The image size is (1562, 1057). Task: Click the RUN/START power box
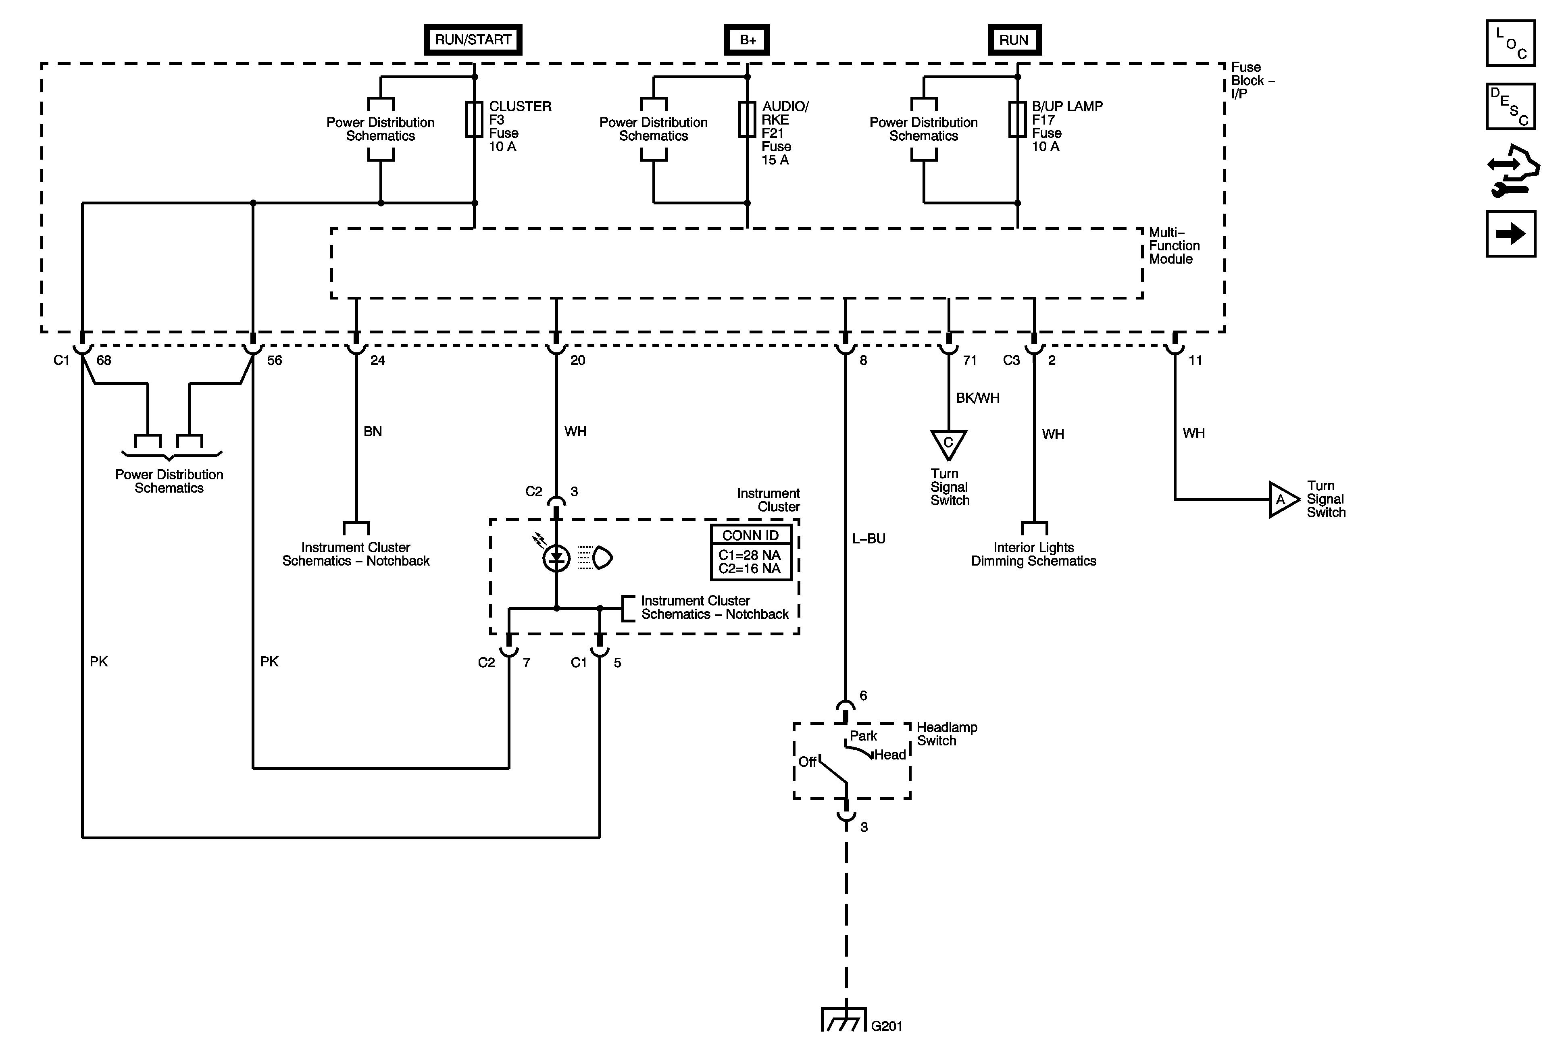click(x=473, y=40)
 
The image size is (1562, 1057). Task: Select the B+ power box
click(x=748, y=40)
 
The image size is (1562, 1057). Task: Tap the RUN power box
click(x=1014, y=40)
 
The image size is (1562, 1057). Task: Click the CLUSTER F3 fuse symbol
click(x=475, y=120)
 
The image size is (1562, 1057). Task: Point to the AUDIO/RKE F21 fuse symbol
click(x=748, y=120)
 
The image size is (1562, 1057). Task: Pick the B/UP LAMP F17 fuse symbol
click(x=1018, y=120)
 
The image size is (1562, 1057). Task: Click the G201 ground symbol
click(x=843, y=1019)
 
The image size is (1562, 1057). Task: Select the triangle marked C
click(x=948, y=445)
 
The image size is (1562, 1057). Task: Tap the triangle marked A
click(x=1283, y=499)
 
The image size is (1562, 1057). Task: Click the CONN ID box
click(x=751, y=552)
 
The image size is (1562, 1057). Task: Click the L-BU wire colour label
click(x=868, y=538)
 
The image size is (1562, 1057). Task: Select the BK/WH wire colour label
click(x=978, y=398)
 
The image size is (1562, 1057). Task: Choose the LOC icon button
click(x=1511, y=44)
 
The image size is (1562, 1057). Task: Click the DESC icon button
click(x=1511, y=106)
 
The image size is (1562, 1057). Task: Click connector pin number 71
click(x=969, y=360)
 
